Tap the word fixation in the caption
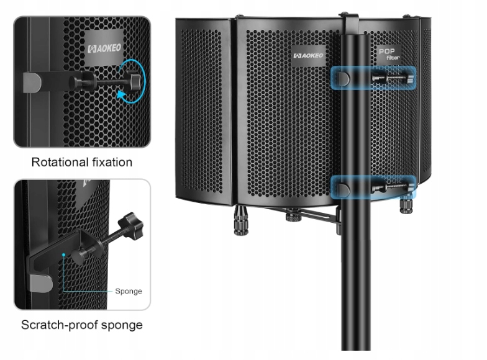pyautogui.click(x=111, y=163)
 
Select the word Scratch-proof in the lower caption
pyautogui.click(x=57, y=325)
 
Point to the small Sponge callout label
pyautogui.click(x=129, y=291)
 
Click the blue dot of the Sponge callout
pyautogui.click(x=63, y=254)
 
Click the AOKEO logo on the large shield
pyautogui.click(x=309, y=55)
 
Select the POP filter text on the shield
pyautogui.click(x=389, y=55)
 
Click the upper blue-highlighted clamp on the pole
pyautogui.click(x=373, y=78)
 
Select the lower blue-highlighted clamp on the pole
pyautogui.click(x=373, y=187)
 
